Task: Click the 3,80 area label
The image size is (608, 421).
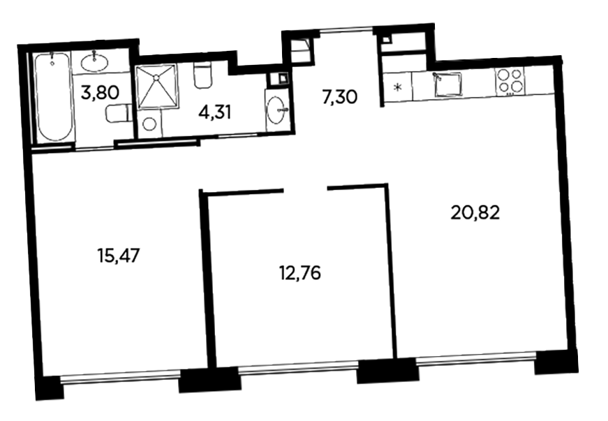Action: click(100, 93)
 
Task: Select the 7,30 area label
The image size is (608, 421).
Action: click(340, 96)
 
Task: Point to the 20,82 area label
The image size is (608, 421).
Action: click(475, 212)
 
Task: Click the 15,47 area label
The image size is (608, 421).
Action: click(118, 256)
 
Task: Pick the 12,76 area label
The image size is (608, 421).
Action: click(299, 273)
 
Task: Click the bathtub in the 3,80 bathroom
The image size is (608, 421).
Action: click(54, 97)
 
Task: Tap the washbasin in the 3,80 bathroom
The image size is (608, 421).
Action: click(95, 62)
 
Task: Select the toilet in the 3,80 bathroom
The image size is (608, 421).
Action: click(117, 113)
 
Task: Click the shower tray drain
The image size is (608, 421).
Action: click(156, 77)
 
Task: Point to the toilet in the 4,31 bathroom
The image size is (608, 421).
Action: click(202, 75)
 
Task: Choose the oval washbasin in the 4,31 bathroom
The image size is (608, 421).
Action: click(277, 110)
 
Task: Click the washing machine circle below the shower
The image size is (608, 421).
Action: click(149, 124)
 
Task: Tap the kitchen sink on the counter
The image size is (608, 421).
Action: click(448, 83)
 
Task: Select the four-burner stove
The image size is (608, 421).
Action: click(510, 81)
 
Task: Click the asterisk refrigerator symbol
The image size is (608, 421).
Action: click(397, 87)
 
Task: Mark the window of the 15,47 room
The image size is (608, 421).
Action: click(120, 376)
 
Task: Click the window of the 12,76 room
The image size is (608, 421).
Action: click(297, 367)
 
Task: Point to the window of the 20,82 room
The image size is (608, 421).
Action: click(477, 360)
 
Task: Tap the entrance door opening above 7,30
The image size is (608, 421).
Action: click(346, 31)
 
